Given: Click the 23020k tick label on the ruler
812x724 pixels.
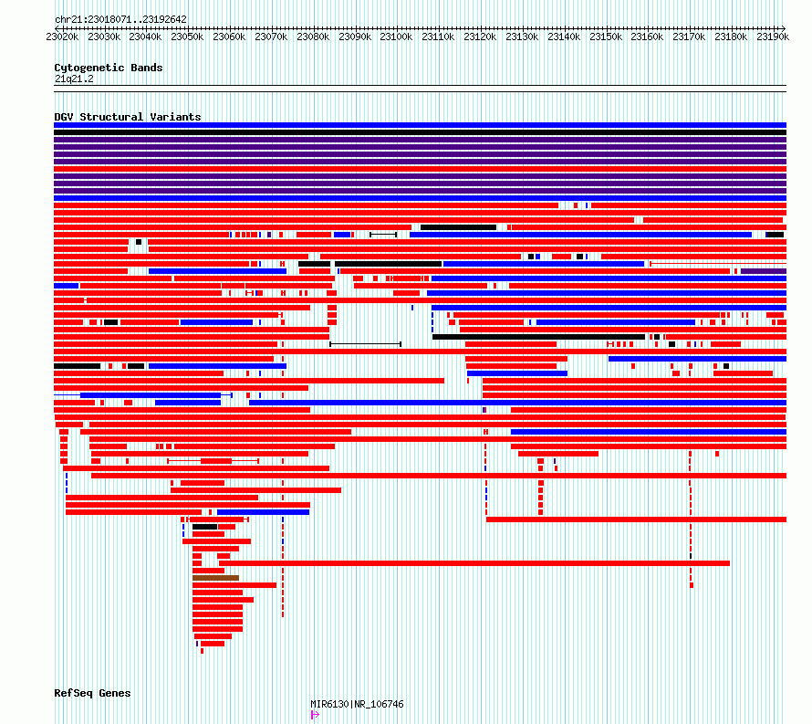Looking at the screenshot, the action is [62, 37].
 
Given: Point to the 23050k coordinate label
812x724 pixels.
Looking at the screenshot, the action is [187, 37].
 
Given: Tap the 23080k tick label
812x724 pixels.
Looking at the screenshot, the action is [313, 37].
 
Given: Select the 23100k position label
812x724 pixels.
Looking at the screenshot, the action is [396, 37].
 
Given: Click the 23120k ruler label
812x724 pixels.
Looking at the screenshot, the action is [480, 37].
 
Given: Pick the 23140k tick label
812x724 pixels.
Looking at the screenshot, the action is [564, 37].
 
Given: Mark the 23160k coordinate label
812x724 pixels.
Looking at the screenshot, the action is [647, 37].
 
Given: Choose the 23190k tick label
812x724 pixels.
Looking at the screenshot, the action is [773, 37].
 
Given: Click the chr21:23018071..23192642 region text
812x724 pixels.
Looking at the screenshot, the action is [120, 19].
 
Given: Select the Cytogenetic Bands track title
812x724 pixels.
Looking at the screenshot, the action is [109, 68].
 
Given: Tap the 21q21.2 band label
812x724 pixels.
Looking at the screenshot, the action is [74, 79].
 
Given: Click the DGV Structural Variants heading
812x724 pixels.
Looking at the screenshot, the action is [128, 117].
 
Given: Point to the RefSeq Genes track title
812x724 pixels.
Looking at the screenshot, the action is [92, 693].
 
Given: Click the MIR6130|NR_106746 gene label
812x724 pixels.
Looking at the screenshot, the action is [357, 704].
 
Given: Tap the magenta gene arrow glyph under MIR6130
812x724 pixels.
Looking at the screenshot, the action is [315, 715].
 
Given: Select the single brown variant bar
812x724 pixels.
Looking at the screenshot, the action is [216, 578].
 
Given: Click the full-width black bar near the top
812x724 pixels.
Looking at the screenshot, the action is [420, 132].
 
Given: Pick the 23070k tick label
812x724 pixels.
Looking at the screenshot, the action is [271, 37].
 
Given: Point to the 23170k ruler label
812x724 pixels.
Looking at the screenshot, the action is [689, 37].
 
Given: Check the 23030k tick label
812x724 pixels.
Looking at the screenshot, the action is [104, 37].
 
